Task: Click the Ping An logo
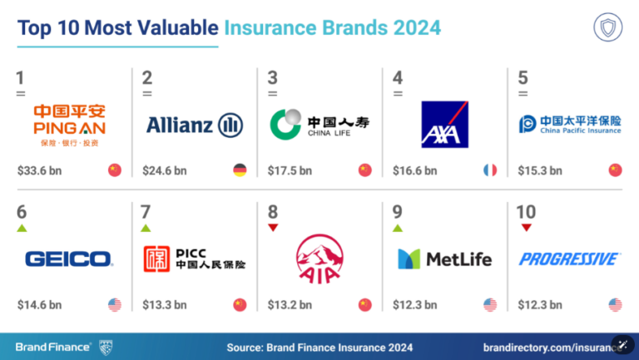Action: click(x=69, y=126)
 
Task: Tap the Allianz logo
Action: click(x=195, y=125)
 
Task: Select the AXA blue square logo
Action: click(x=444, y=124)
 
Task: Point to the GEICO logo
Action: click(x=69, y=259)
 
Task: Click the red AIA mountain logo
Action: click(x=319, y=259)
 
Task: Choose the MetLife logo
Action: click(x=444, y=259)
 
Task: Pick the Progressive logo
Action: click(x=570, y=259)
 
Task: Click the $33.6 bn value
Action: click(x=40, y=170)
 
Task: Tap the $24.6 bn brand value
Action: click(x=165, y=170)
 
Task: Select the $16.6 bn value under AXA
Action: click(x=415, y=170)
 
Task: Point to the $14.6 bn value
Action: click(x=40, y=305)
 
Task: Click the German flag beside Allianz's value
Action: click(x=240, y=170)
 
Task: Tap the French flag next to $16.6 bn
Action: click(x=490, y=170)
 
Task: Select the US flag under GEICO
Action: click(x=115, y=304)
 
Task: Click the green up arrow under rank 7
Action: click(x=146, y=228)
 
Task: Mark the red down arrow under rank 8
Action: click(x=273, y=228)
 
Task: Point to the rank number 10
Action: click(x=526, y=212)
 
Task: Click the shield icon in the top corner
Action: click(x=607, y=27)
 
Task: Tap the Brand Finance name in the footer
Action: click(x=52, y=347)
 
